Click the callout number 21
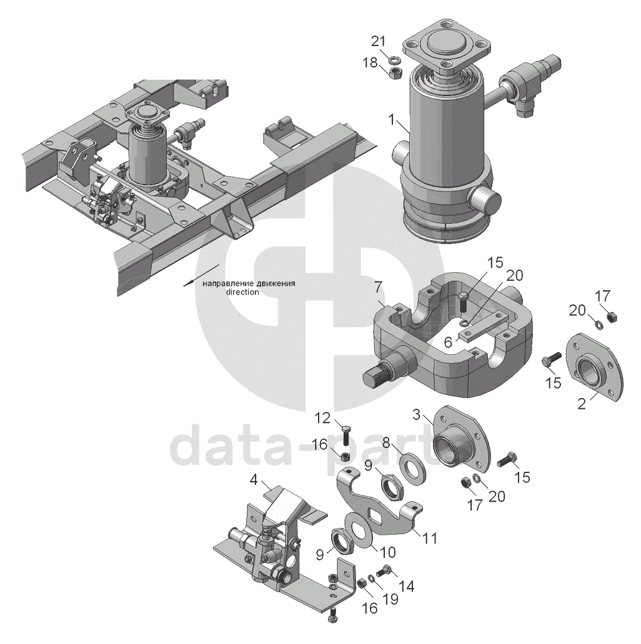(x=379, y=41)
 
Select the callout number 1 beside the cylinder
(x=392, y=120)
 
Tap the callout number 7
(x=377, y=288)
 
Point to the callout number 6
(x=447, y=341)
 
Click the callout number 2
(x=582, y=403)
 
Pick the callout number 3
(x=417, y=414)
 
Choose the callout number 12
(x=322, y=418)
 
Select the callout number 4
(x=254, y=479)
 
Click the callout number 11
(x=430, y=538)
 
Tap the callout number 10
(x=387, y=552)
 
